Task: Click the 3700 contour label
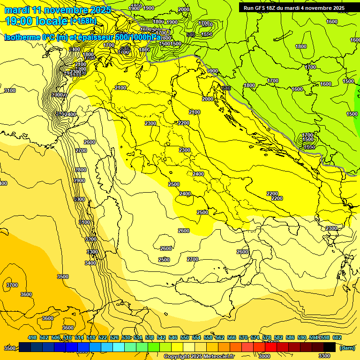pyautogui.click(x=12, y=285)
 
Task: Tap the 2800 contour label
pyautogui.click(x=81, y=170)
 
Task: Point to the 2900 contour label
pyautogui.click(x=79, y=180)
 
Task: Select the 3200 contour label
pyautogui.click(x=90, y=239)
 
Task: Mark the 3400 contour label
pyautogui.click(x=90, y=263)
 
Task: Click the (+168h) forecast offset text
pyautogui.click(x=83, y=21)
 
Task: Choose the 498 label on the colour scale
pyautogui.click(x=32, y=337)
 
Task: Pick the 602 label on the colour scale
pyautogui.click(x=337, y=337)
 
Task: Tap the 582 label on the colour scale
pyautogui.click(x=278, y=337)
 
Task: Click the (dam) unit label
pyautogui.click(x=347, y=348)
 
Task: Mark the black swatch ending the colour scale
pyautogui.click(x=330, y=347)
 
